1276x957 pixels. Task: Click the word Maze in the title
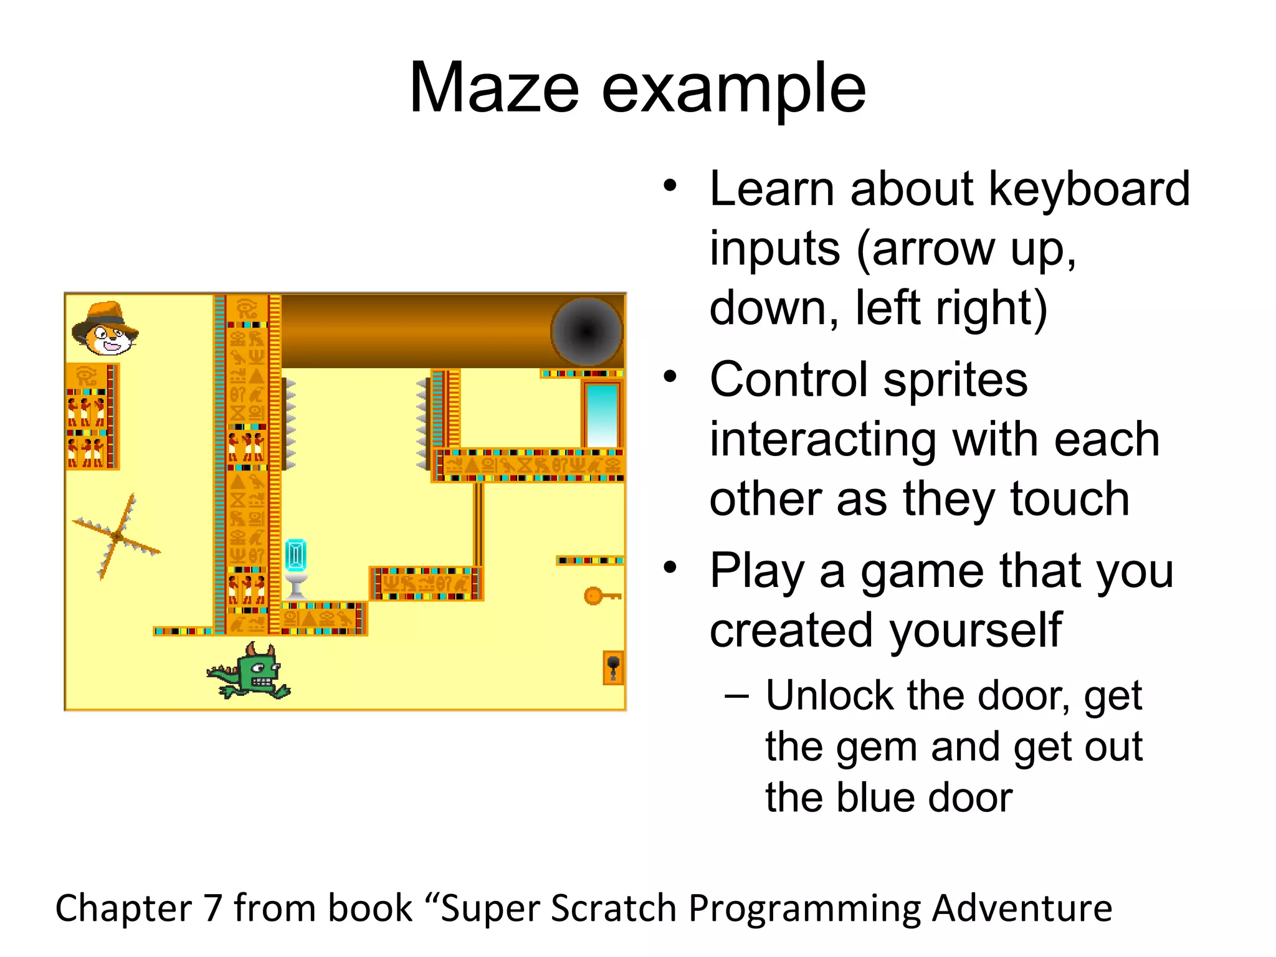[494, 89]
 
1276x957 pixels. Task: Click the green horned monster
[252, 672]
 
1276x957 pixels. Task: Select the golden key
[600, 596]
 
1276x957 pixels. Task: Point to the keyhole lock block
[613, 667]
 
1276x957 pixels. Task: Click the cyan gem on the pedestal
[296, 555]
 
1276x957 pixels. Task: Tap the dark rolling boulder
[587, 331]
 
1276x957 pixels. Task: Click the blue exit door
[602, 414]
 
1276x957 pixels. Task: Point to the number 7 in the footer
[213, 908]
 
